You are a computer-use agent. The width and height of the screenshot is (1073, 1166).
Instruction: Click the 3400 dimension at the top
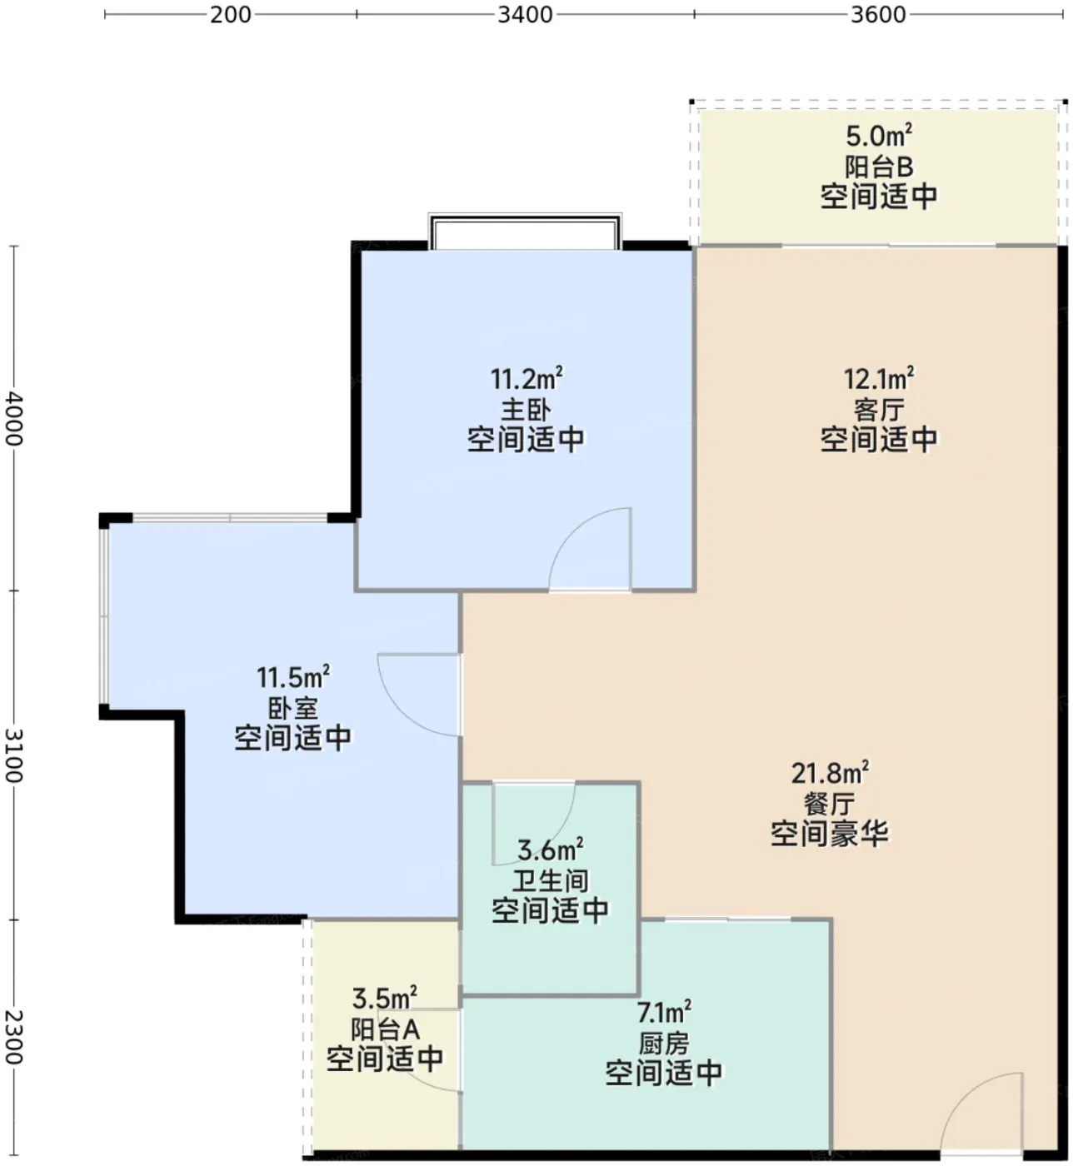coord(525,14)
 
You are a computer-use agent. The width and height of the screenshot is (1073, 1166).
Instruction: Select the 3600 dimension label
coord(878,14)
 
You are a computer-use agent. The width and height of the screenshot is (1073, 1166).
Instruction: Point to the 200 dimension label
coord(230,14)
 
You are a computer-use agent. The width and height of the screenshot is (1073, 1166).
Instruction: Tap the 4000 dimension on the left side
coord(14,418)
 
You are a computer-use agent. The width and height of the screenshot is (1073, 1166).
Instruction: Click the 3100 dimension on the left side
coord(14,755)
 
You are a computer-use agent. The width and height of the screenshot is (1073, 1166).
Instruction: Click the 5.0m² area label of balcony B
coord(878,136)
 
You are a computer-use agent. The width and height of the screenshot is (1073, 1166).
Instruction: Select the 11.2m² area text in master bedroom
coord(527,378)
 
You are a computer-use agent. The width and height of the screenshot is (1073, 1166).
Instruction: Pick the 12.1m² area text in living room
coord(879,378)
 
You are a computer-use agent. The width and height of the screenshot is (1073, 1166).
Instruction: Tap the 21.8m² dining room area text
coord(830,773)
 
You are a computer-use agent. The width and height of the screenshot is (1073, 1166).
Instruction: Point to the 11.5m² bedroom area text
coord(293,676)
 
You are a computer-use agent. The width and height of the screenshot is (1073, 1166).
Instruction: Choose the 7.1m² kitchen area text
coord(664,1012)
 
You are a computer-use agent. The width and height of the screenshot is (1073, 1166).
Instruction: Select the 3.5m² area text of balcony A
coord(384,998)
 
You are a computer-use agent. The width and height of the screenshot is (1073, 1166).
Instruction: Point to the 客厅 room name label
coord(879,410)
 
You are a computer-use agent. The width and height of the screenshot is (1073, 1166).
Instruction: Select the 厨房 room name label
coord(664,1044)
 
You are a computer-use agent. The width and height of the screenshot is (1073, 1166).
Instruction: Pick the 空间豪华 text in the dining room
coord(830,834)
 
